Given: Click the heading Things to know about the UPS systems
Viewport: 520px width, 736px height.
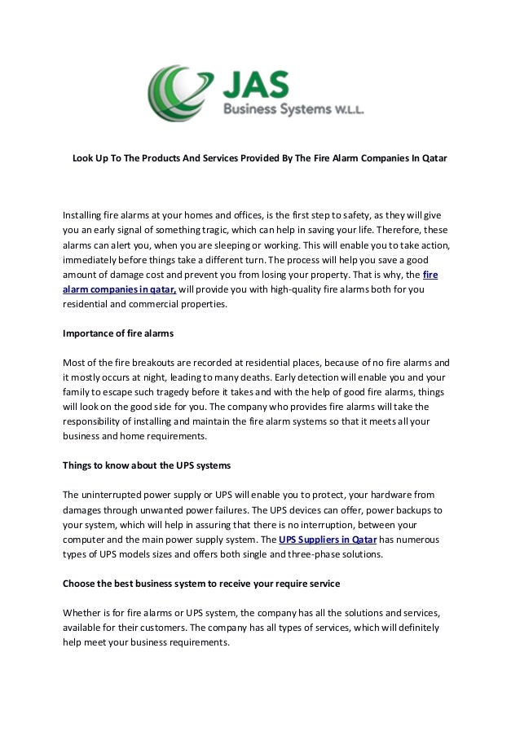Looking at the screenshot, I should [x=147, y=465].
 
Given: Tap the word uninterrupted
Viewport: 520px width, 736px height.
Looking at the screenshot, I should [x=121, y=494].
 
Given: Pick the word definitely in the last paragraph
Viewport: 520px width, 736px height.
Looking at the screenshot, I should [x=413, y=627].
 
